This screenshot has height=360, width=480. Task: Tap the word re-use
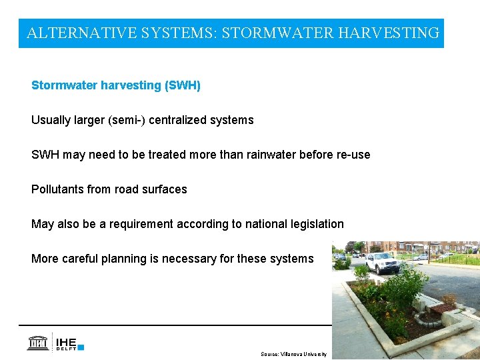[x=351, y=155]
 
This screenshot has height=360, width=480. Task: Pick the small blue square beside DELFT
[x=81, y=347]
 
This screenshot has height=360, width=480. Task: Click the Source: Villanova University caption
[x=293, y=354]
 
